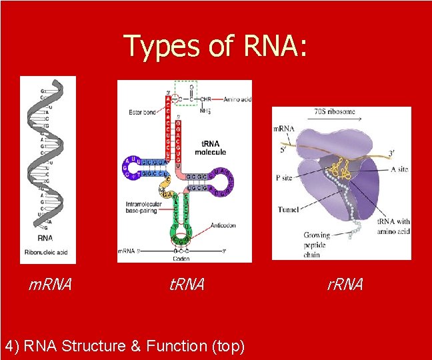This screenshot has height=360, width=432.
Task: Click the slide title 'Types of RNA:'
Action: tap(215, 47)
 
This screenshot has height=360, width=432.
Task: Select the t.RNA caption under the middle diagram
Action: tap(187, 285)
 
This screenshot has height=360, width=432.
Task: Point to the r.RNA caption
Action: tap(345, 285)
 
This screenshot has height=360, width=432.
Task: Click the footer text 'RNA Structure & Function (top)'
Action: tap(125, 345)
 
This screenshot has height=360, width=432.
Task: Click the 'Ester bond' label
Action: tap(141, 111)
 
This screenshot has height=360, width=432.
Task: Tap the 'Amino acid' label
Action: tap(237, 98)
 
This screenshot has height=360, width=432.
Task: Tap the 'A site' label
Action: tap(399, 169)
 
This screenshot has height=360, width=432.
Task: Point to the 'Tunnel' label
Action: tap(288, 210)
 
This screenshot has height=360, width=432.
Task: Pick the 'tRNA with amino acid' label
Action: tap(393, 226)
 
